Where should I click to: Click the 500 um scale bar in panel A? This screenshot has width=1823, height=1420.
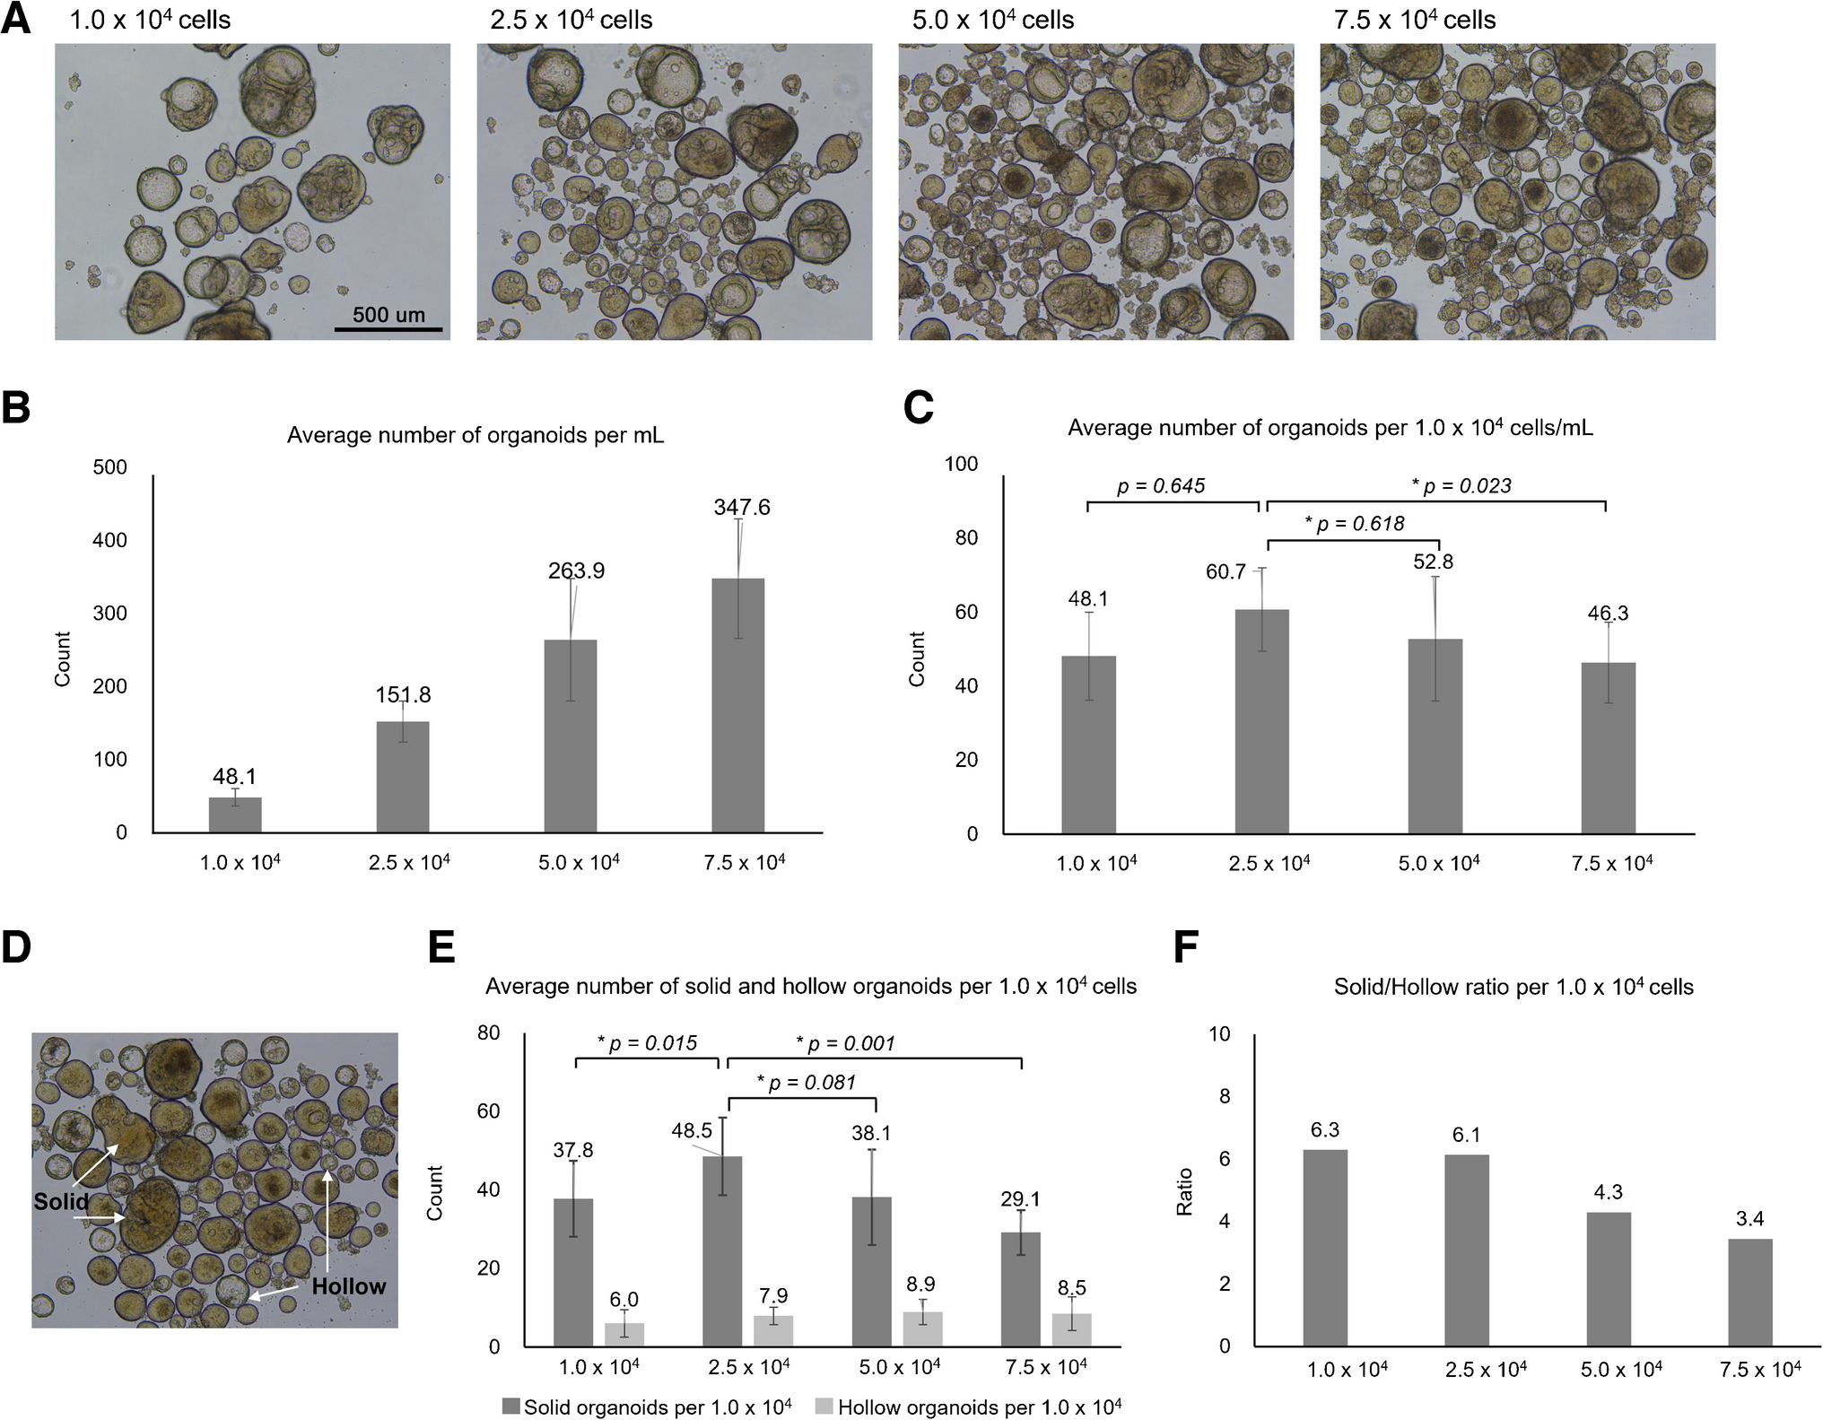[x=388, y=329]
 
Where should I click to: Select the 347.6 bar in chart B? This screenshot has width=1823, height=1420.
[x=737, y=705]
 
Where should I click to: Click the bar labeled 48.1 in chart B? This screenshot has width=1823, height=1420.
[x=235, y=815]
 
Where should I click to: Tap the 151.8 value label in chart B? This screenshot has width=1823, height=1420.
[x=403, y=695]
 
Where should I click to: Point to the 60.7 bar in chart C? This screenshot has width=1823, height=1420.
[x=1261, y=721]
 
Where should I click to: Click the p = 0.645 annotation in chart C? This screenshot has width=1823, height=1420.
[x=1161, y=486]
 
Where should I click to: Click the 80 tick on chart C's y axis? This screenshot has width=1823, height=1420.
[x=965, y=538]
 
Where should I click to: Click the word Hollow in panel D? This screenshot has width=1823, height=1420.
[x=348, y=1286]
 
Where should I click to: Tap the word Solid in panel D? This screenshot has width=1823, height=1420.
[x=61, y=1202]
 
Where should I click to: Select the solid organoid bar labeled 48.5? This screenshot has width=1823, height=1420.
[x=722, y=1250]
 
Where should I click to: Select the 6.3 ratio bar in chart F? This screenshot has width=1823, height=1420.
[x=1324, y=1247]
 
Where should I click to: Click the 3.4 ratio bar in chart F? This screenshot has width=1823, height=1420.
[x=1749, y=1292]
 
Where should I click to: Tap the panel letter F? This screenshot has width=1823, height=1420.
[x=1186, y=949]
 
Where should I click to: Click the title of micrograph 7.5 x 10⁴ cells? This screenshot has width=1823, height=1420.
[x=1415, y=20]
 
